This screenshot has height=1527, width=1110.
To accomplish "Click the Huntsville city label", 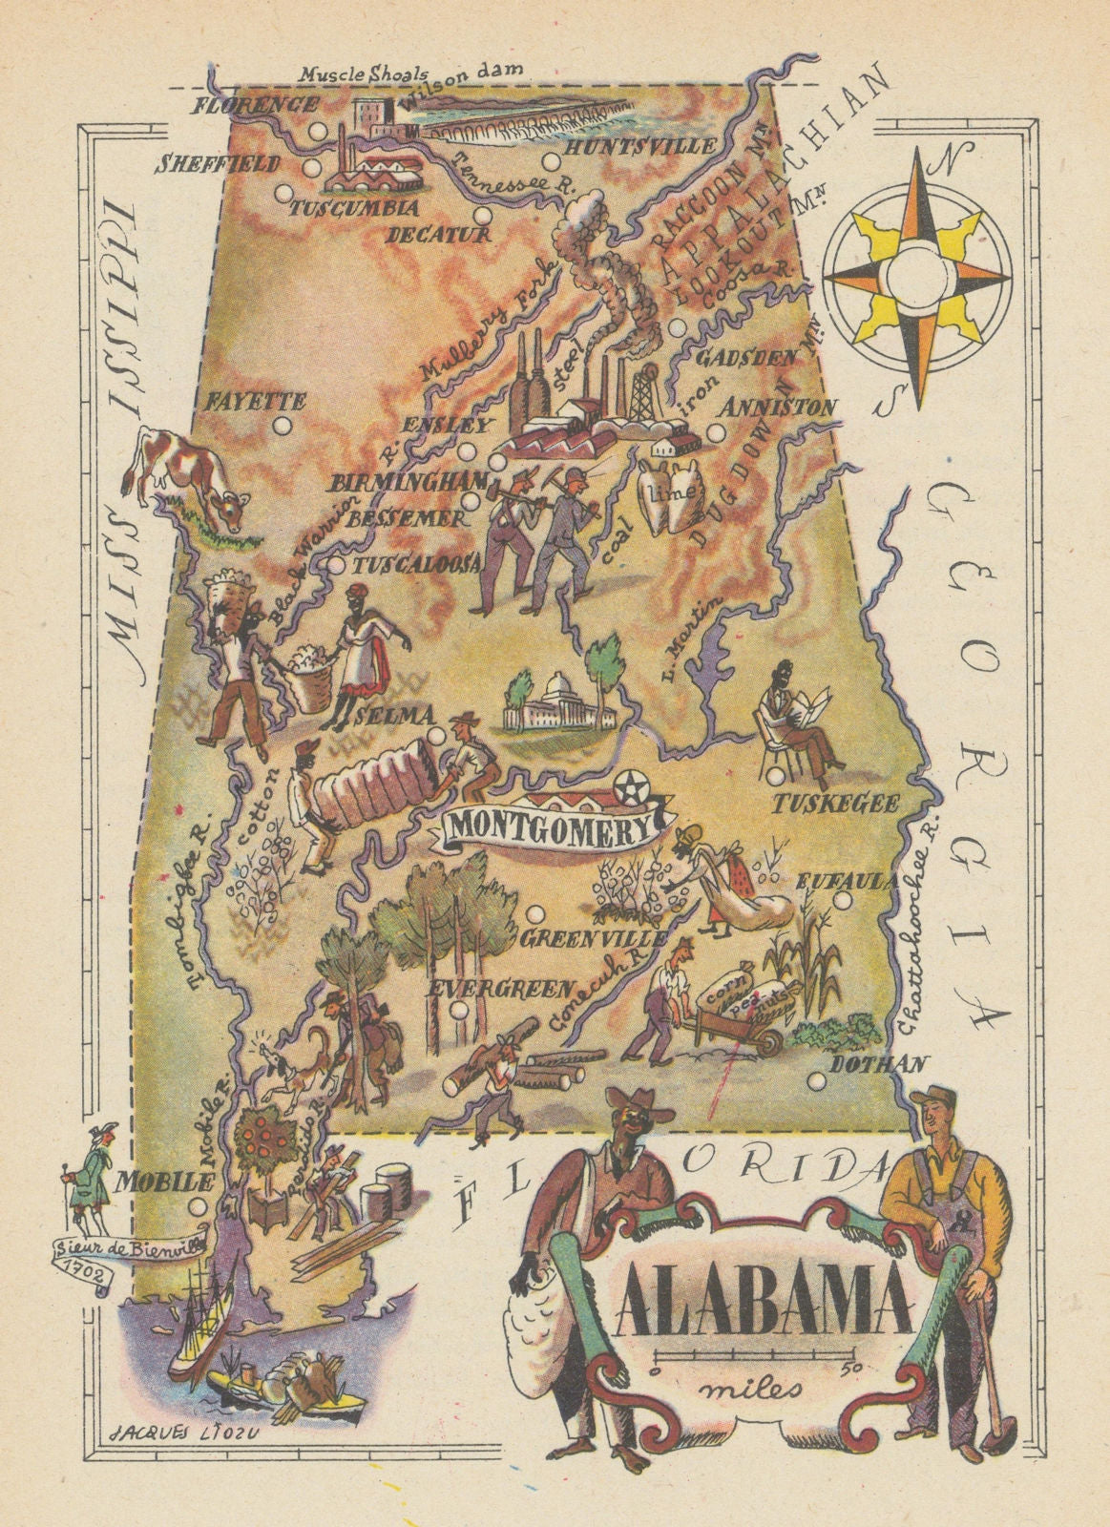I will click(x=639, y=147).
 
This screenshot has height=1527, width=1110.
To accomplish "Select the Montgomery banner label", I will click(x=546, y=826).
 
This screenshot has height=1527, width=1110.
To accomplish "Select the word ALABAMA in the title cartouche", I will click(x=761, y=1301).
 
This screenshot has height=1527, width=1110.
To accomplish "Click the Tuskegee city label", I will click(x=834, y=805).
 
